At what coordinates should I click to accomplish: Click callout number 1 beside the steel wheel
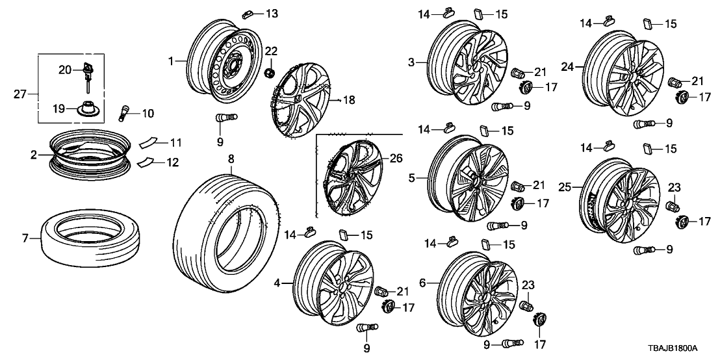pyautogui.click(x=172, y=61)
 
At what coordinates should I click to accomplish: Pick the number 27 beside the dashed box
pyautogui.click(x=21, y=94)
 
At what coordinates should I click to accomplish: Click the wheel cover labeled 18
pyautogui.click(x=302, y=101)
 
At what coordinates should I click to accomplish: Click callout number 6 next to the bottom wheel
pyautogui.click(x=422, y=283)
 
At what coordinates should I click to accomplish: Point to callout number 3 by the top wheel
pyautogui.click(x=411, y=62)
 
